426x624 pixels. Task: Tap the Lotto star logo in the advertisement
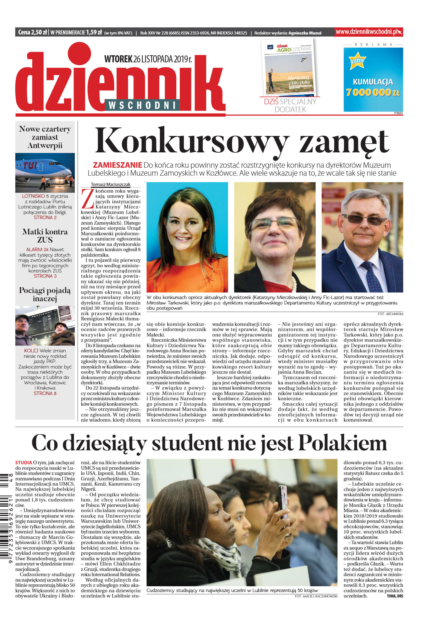pyautogui.click(x=357, y=60)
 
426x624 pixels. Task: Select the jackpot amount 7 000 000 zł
pyautogui.click(x=373, y=92)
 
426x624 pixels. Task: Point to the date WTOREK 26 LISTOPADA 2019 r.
pyautogui.click(x=148, y=59)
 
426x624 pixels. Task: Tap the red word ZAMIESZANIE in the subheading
pyautogui.click(x=117, y=165)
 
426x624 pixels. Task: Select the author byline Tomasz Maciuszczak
pyautogui.click(x=110, y=184)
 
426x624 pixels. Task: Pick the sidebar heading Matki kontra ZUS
pyautogui.click(x=45, y=236)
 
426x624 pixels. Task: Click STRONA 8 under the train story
pyautogui.click(x=45, y=393)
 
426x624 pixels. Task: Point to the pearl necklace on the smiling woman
pyautogui.click(x=294, y=283)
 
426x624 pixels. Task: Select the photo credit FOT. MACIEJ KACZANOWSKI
pyautogui.click(x=316, y=596)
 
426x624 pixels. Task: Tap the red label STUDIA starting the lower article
pyautogui.click(x=24, y=463)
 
